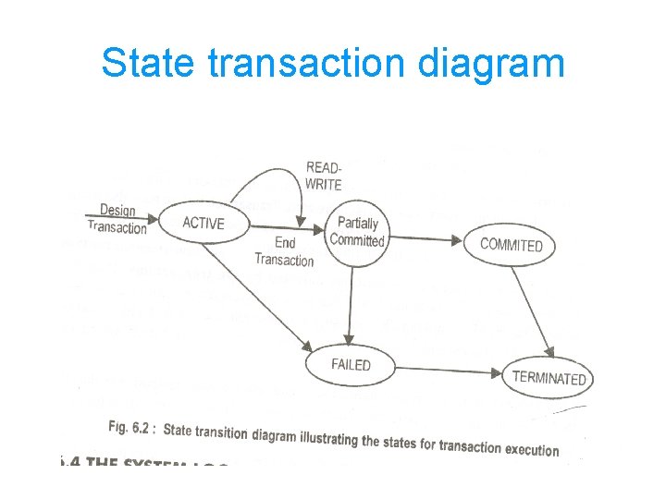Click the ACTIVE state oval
point(203,223)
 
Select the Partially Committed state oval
point(357,232)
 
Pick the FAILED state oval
point(351,364)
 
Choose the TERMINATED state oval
point(549,378)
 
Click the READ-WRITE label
point(324,176)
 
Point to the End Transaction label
point(284,251)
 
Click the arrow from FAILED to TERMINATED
point(449,371)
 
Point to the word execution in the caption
point(531,450)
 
